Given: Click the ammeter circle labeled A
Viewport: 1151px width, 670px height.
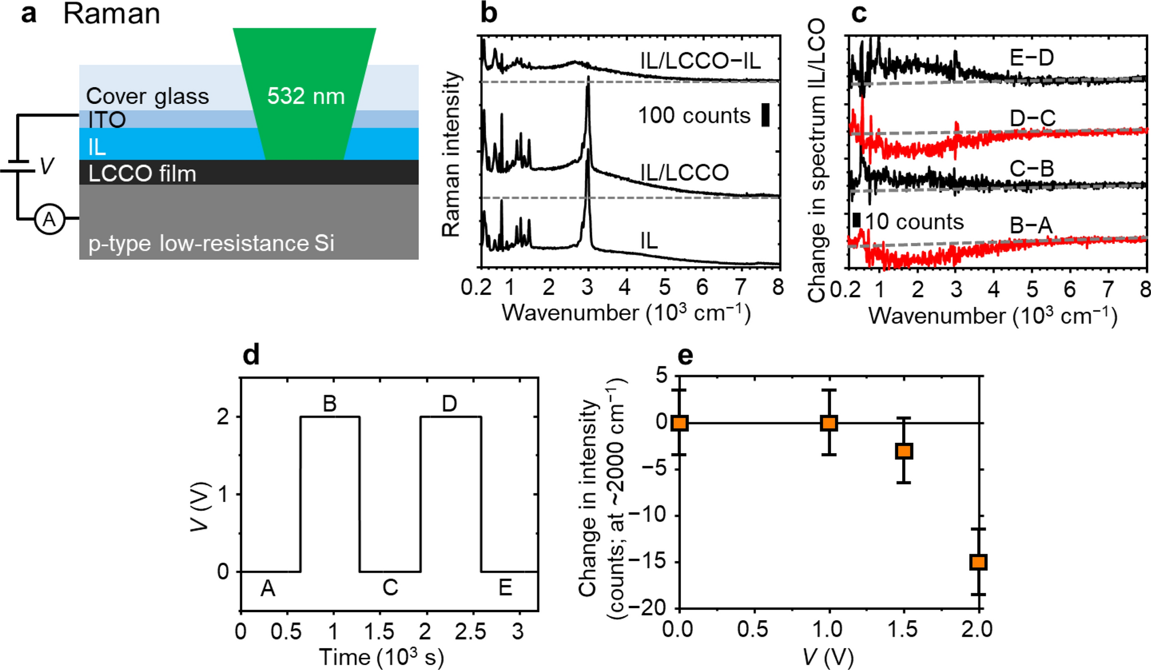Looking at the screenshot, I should point(49,219).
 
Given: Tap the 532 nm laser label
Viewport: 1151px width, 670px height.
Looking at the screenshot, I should point(306,96).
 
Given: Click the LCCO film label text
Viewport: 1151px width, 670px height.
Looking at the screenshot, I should point(142,173).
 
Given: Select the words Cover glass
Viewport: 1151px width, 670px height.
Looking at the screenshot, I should point(147,96).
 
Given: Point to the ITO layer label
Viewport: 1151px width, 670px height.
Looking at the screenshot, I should point(107,120).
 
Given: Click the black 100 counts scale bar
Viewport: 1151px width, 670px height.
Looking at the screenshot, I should point(765,115).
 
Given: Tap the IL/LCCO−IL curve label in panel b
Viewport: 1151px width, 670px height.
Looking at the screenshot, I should point(700,60).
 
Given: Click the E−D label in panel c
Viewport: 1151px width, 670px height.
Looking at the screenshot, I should point(1031,57).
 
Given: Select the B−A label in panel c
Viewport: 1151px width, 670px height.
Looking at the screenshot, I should point(1031,225).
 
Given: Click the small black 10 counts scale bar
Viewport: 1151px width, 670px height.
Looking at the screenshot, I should point(856,220).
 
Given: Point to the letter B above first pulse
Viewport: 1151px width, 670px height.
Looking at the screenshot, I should point(329,404).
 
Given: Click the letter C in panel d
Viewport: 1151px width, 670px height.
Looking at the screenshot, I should point(390,587).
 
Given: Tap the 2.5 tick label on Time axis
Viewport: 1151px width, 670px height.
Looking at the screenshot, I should point(470,632).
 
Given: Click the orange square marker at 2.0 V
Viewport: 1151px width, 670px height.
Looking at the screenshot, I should point(978,562).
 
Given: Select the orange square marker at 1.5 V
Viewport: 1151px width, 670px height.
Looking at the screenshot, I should point(904,451).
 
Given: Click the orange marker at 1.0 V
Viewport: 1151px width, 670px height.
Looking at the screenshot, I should point(829,423).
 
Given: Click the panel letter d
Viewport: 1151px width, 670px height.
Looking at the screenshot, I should point(251,355).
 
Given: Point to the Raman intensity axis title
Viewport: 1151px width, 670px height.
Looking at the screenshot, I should point(451,154).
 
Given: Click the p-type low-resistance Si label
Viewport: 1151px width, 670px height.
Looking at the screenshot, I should point(211,243).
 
